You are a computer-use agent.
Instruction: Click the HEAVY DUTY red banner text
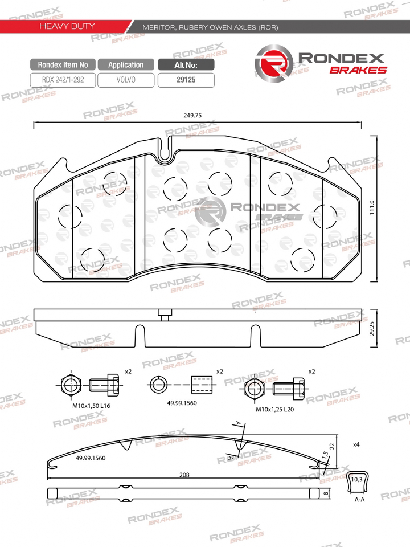[x=67, y=26]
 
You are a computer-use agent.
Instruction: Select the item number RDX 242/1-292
[x=63, y=80]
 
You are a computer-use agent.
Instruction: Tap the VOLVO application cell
[x=126, y=80]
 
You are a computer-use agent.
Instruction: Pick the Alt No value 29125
[x=186, y=80]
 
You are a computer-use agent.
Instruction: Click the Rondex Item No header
[x=63, y=64]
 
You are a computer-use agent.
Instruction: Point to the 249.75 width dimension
[x=192, y=116]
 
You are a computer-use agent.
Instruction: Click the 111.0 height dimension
[x=372, y=207]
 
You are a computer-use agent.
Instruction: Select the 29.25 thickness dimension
[x=372, y=329]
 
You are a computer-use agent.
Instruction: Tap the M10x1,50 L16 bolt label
[x=91, y=406]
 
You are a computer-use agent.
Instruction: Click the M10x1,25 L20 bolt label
[x=274, y=409]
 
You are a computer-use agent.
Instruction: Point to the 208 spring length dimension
[x=184, y=475]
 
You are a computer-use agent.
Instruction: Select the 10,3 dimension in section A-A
[x=356, y=479]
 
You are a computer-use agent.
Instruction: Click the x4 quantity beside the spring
[x=356, y=444]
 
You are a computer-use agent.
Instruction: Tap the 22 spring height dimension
[x=332, y=446]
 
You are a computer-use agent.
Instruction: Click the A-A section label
[x=359, y=500]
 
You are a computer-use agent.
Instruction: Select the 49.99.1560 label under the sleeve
[x=182, y=403]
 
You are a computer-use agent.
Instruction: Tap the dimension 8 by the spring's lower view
[x=326, y=493]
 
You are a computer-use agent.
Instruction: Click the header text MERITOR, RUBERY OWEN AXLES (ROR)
[x=211, y=27]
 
